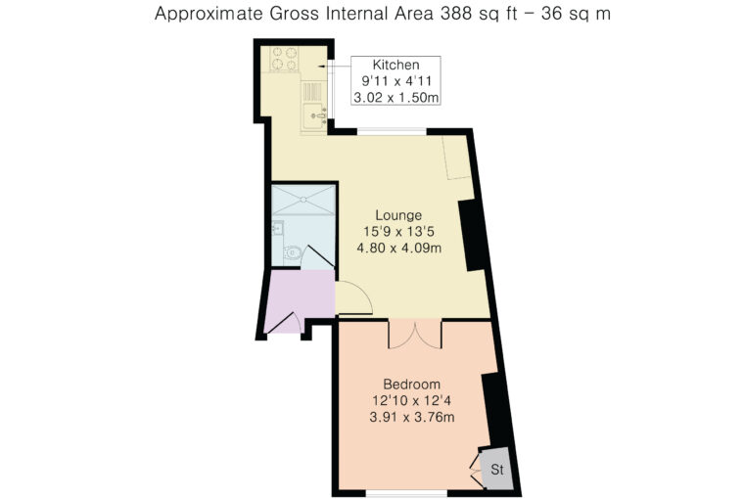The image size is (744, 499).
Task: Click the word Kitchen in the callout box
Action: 395,65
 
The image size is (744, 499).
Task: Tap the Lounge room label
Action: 398,215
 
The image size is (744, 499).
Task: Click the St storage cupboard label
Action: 496,470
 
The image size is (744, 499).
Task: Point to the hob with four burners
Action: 284,59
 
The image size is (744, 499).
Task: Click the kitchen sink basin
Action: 314,114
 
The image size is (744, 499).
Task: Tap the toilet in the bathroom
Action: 293,252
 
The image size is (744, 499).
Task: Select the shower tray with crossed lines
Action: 303,200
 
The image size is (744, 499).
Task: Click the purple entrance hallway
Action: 299,297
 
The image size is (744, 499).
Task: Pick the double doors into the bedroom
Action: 415,336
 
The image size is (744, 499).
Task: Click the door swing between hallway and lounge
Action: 354,297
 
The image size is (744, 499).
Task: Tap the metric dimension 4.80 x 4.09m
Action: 399,249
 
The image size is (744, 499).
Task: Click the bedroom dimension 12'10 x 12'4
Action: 412,401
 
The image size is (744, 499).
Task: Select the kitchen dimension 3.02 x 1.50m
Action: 395,98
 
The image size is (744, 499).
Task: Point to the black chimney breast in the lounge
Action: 472,236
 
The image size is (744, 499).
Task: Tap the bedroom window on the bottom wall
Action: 406,493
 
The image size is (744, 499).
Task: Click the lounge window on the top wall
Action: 392,131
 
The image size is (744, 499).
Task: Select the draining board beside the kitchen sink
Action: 312,92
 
